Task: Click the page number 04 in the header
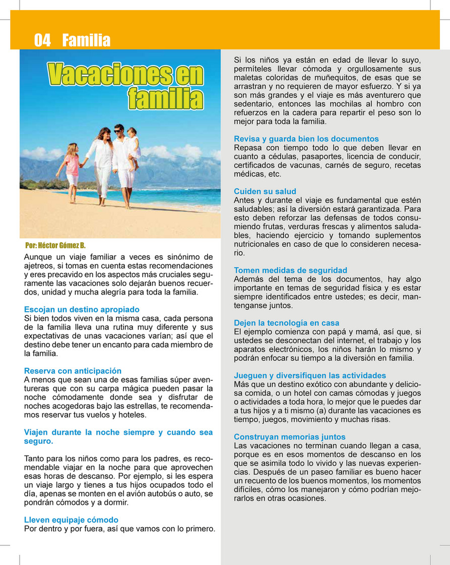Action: pyautogui.click(x=42, y=40)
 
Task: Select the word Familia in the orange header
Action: pyautogui.click(x=86, y=40)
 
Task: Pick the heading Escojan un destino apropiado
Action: pyautogui.click(x=82, y=309)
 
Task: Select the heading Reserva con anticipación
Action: pyautogui.click(x=73, y=371)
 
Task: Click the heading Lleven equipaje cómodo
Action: pyautogui.click(x=71, y=520)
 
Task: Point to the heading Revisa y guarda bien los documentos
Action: pyautogui.click(x=306, y=139)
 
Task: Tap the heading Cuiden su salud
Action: pyautogui.click(x=265, y=191)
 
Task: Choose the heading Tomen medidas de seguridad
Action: pyautogui.click(x=290, y=270)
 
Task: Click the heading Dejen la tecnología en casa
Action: pyautogui.click(x=286, y=323)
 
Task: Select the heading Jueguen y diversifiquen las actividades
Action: pyautogui.click(x=310, y=375)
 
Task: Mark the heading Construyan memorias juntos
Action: pyautogui.click(x=290, y=437)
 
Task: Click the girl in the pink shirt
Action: pyautogui.click(x=72, y=166)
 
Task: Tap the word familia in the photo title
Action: pyautogui.click(x=165, y=98)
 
